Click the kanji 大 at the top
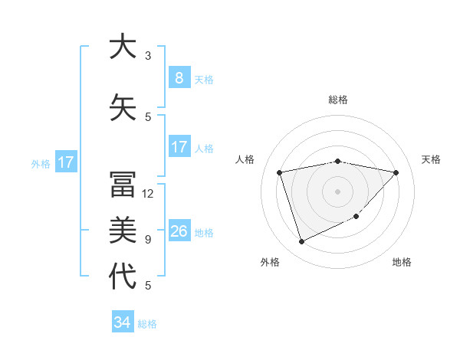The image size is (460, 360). tap(123, 47)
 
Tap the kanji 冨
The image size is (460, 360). tap(123, 185)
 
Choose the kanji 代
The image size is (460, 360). tap(123, 277)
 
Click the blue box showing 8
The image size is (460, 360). tap(179, 78)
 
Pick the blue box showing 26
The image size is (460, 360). tap(179, 231)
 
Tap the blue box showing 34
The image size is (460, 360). tap(123, 322)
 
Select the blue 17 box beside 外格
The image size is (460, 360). tap(65, 162)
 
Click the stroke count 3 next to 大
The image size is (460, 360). tap(148, 56)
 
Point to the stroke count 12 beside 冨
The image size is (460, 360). tap(148, 194)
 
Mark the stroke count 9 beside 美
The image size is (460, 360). tap(148, 240)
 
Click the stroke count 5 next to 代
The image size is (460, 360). tap(148, 286)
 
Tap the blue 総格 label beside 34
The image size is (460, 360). tap(147, 324)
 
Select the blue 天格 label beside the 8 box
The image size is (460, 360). tap(204, 80)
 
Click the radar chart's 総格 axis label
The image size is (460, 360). tap(337, 100)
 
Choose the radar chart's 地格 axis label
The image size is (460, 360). tap(402, 262)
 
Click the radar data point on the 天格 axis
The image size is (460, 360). tap(396, 172)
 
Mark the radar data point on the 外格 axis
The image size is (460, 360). tap(301, 242)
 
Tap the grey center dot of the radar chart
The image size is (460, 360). tap(337, 191)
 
